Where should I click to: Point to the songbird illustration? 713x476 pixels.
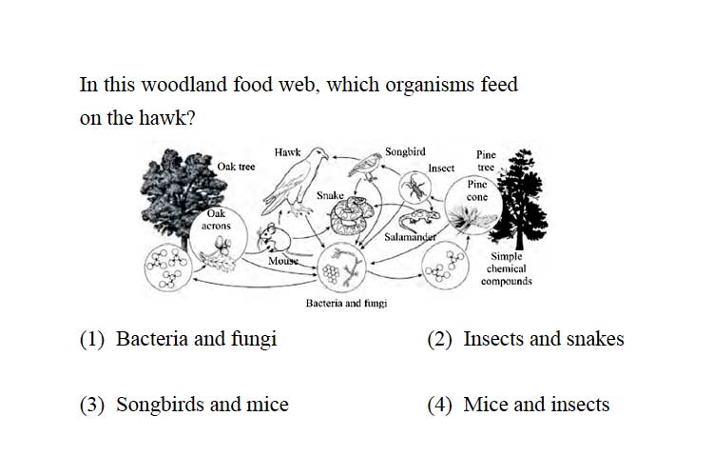tap(365, 167)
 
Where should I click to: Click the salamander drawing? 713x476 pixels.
tap(418, 220)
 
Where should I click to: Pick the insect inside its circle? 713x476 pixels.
tap(415, 188)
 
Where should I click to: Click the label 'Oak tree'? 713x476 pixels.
tap(236, 167)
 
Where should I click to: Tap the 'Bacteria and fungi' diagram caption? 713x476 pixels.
tap(346, 304)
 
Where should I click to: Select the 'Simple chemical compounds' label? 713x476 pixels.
tap(506, 268)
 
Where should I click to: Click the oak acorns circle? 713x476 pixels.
tap(219, 238)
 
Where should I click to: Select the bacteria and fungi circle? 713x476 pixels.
tap(341, 268)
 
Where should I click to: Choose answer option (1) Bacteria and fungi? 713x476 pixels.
tap(179, 339)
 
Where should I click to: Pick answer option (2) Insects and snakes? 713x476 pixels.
tap(526, 339)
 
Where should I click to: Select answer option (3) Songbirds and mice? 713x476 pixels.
tap(184, 405)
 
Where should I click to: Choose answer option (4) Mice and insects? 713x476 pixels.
tap(518, 405)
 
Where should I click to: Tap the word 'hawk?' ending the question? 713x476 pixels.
tap(167, 118)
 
